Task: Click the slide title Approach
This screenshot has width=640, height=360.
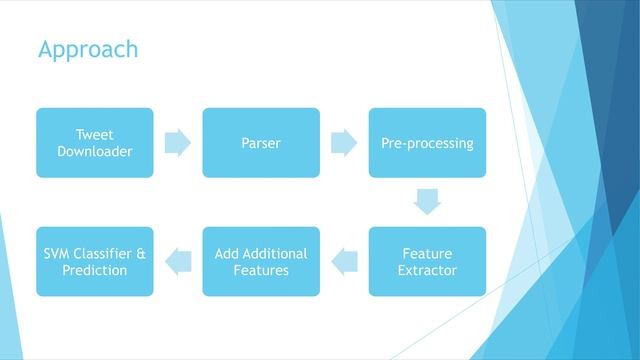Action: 88,49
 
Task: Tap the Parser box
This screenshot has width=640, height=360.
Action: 261,143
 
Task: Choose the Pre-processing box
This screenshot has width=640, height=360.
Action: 427,143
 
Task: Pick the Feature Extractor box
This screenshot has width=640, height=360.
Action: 427,262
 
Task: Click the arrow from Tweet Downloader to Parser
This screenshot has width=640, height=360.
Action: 178,143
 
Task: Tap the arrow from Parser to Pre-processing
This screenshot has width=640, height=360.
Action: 344,143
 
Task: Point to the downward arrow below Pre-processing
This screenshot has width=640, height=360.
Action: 427,202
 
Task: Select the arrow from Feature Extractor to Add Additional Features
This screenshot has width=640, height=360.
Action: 344,262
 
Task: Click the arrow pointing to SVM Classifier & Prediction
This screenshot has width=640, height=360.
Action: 178,262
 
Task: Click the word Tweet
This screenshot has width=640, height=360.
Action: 95,135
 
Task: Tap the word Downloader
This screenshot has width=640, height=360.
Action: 95,151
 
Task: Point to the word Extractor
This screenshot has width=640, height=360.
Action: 427,270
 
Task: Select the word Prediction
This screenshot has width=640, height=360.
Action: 95,270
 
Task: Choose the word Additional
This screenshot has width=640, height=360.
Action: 276,254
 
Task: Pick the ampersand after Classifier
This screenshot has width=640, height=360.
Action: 140,254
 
